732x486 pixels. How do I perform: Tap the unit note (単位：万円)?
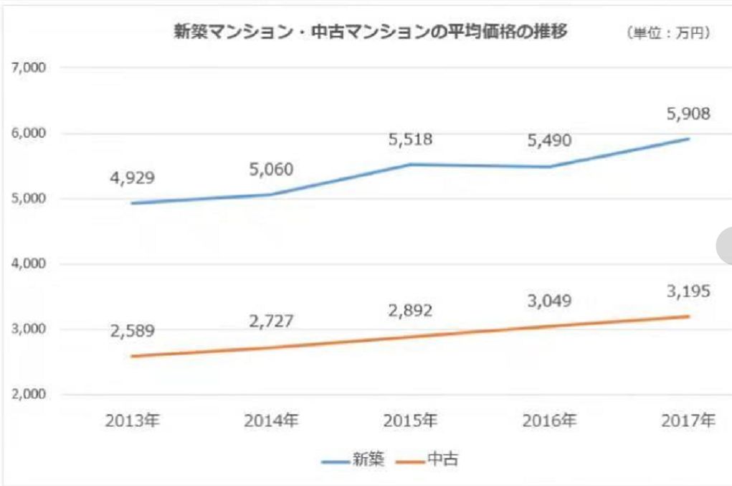pyautogui.click(x=669, y=34)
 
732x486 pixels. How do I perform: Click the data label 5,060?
pyautogui.click(x=272, y=170)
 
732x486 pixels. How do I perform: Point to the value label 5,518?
pyautogui.click(x=412, y=139)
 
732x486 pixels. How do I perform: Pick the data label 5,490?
pyautogui.click(x=551, y=140)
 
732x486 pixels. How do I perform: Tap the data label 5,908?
pyautogui.click(x=689, y=113)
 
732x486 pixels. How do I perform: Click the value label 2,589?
pyautogui.click(x=132, y=332)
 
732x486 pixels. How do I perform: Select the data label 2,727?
pyautogui.click(x=272, y=320)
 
